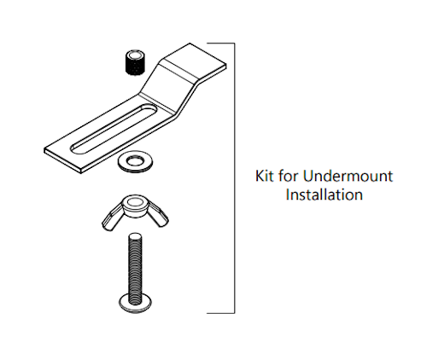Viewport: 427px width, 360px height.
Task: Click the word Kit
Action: click(x=266, y=177)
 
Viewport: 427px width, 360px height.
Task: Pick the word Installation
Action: click(x=325, y=195)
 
